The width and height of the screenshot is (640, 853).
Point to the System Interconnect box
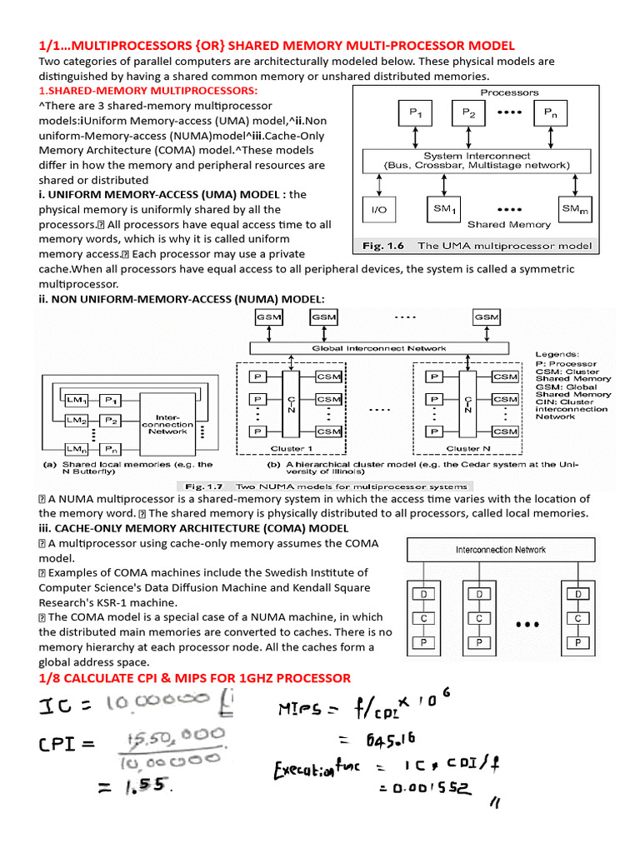[477, 161]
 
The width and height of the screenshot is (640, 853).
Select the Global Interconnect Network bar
[378, 348]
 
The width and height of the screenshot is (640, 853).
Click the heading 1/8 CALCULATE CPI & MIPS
[195, 677]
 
